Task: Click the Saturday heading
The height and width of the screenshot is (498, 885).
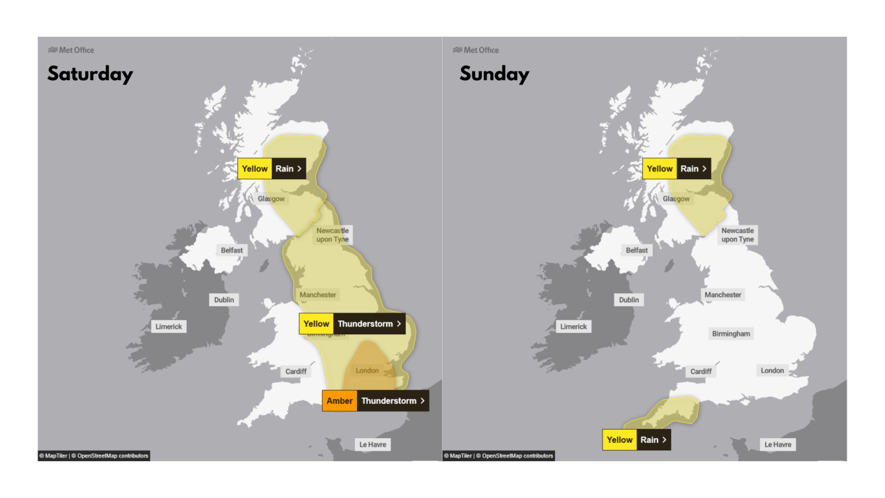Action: pos(90,74)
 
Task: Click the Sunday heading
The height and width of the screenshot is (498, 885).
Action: pos(494,74)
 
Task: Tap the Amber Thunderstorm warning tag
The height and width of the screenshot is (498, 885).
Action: pos(375,401)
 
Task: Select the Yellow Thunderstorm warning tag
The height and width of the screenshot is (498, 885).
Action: pos(352,324)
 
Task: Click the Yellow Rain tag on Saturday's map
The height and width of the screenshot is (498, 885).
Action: pos(271,169)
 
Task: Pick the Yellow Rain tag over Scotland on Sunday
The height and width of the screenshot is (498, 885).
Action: pos(676,169)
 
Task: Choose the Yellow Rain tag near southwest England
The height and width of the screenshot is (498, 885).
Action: pos(636,440)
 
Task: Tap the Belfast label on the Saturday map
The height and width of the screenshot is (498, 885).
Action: pos(232,250)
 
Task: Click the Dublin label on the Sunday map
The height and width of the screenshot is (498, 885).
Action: pos(629,300)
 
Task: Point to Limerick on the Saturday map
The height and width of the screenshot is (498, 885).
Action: pos(168,326)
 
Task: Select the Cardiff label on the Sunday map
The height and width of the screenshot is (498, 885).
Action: pos(701,371)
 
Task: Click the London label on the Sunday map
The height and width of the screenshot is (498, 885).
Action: pos(772,371)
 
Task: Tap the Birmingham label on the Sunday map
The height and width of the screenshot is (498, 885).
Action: pos(731,334)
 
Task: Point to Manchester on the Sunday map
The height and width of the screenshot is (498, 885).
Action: pos(723,295)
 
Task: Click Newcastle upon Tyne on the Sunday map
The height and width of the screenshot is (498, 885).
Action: pos(737,235)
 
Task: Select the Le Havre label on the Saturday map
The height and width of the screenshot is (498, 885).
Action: pos(373,444)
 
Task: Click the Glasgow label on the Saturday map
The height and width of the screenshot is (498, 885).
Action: pos(271,199)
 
